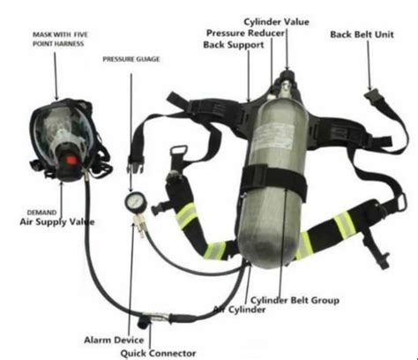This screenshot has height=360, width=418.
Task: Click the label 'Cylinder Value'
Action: (276, 21)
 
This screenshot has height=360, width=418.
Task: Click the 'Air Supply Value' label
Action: (57, 222)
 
